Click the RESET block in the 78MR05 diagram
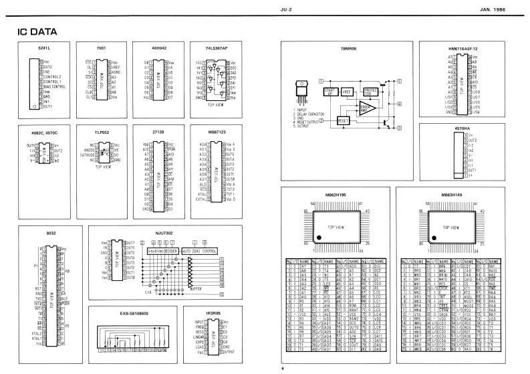click(x=342, y=120)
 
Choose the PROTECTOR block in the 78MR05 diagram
click(x=372, y=92)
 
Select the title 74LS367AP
click(x=217, y=50)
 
